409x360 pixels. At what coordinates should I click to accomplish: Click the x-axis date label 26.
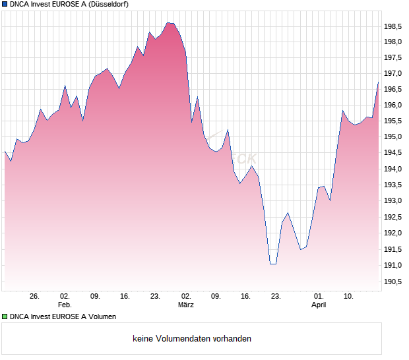tap(35, 297)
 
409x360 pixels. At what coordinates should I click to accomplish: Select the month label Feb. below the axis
tap(64, 305)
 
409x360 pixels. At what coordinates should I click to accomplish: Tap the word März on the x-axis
tap(186, 305)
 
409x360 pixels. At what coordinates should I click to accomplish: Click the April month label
tap(319, 305)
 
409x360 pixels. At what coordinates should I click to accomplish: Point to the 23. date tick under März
tap(276, 297)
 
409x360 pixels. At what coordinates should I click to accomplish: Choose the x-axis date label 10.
tap(349, 297)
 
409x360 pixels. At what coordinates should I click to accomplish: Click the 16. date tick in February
tap(125, 297)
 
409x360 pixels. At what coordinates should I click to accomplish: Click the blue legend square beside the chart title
tap(5, 4)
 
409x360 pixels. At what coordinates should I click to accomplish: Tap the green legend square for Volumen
tap(5, 316)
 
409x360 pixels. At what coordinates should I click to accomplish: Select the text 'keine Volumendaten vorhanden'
tap(192, 339)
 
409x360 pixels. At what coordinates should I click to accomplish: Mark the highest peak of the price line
tap(168, 22)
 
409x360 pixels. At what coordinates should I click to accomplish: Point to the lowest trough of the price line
tap(272, 264)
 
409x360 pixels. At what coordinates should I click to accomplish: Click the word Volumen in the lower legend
tap(101, 316)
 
